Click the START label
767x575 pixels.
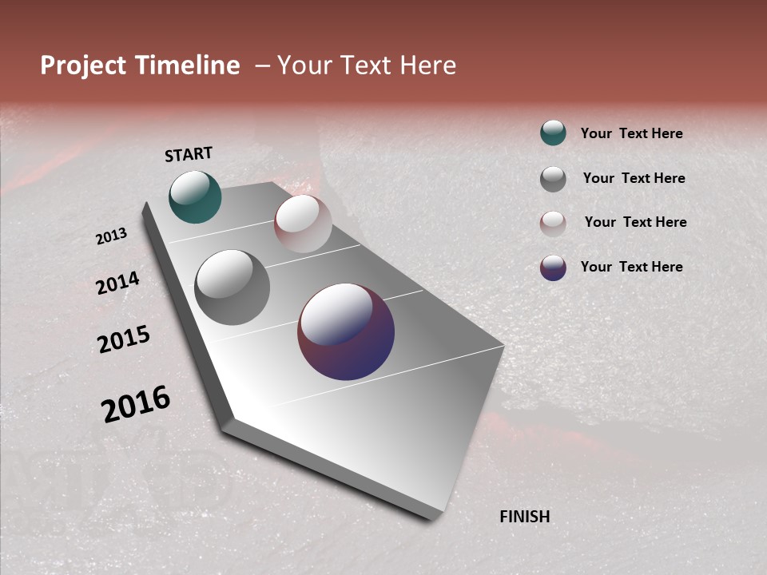[x=189, y=154]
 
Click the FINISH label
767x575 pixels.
[x=525, y=517]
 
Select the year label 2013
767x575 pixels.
[x=111, y=236]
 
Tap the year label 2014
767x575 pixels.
[x=117, y=283]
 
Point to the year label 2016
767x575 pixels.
[x=136, y=403]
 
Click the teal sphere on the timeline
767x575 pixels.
[x=195, y=196]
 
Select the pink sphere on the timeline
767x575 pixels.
[x=303, y=224]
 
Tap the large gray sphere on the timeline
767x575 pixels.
[x=232, y=287]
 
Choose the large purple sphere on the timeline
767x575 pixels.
[x=346, y=331]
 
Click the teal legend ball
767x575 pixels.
[x=553, y=133]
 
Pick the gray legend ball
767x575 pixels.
[x=553, y=179]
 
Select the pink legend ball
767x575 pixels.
[x=553, y=224]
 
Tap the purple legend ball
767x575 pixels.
[x=553, y=268]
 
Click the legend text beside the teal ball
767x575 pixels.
[x=631, y=133]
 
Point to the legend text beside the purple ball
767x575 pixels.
[x=631, y=267]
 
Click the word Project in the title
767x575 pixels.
[x=84, y=65]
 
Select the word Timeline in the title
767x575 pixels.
[x=188, y=65]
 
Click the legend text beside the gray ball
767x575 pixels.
[x=634, y=178]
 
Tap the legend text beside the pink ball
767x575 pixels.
[x=635, y=222]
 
